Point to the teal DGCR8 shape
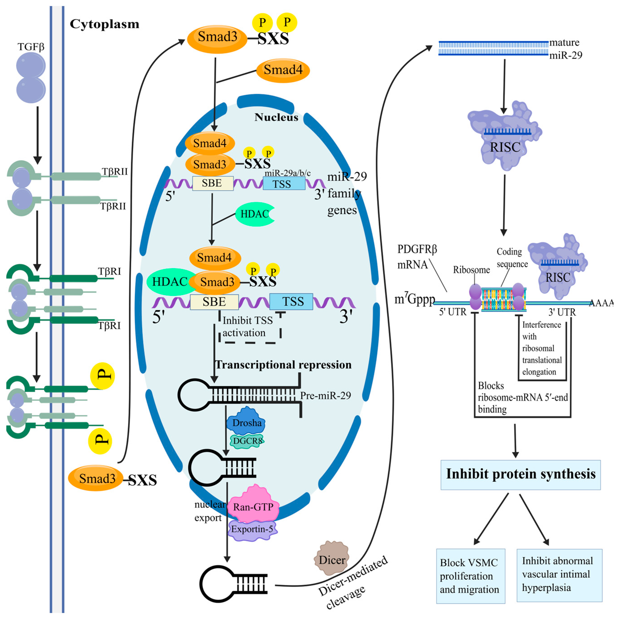click(247, 441)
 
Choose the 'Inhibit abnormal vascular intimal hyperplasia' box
click(559, 575)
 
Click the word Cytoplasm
click(105, 24)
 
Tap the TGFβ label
click(31, 47)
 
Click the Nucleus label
click(276, 117)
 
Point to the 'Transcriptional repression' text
click(283, 365)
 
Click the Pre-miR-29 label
click(325, 395)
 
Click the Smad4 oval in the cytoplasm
click(283, 70)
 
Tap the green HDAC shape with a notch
click(255, 214)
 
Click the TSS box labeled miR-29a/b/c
click(284, 184)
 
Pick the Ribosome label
click(471, 270)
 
